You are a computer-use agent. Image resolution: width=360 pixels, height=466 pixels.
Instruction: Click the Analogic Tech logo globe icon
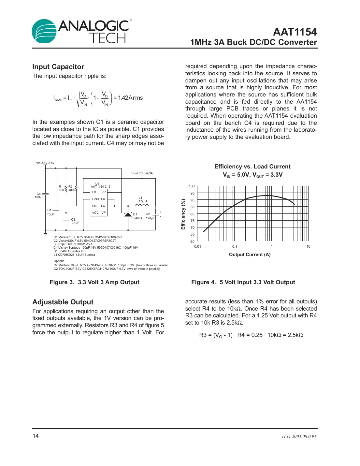tap(44, 31)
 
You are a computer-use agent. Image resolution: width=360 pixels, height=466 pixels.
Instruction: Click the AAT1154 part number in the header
tap(295, 32)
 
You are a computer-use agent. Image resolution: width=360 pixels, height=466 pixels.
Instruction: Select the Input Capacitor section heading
tap(58, 67)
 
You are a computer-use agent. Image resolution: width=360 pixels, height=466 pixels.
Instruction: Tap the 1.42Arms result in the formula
tap(130, 98)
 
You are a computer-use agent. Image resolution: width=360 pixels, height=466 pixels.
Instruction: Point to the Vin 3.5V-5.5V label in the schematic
tap(45, 163)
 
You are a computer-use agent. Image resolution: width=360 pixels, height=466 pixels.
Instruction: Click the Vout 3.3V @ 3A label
tap(142, 173)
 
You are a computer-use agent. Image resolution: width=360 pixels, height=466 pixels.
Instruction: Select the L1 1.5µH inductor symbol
tap(142, 205)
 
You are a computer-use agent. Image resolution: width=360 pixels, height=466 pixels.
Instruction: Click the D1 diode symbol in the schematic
tap(128, 214)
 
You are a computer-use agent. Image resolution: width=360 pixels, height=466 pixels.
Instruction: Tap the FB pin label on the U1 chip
tap(94, 192)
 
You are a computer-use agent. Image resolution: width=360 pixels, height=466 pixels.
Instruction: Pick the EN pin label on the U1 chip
tap(94, 206)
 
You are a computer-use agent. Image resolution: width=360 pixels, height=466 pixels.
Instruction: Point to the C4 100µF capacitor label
tap(39, 196)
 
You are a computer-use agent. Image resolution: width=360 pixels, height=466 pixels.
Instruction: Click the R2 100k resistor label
tap(71, 188)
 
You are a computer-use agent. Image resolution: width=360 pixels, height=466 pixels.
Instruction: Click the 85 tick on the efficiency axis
tap(193, 207)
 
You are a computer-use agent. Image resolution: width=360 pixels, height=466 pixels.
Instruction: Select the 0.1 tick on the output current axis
tap(235, 247)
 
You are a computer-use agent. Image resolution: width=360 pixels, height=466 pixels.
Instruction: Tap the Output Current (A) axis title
tap(250, 255)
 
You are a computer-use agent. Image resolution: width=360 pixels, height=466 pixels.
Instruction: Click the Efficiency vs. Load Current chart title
tap(252, 167)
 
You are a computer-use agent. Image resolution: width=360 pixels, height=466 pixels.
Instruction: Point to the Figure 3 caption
tap(94, 282)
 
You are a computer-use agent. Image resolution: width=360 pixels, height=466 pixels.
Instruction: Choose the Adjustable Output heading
tap(63, 302)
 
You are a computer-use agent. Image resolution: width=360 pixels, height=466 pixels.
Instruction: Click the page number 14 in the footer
tap(36, 436)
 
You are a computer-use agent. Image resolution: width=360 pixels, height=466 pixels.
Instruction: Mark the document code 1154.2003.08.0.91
tap(299, 437)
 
